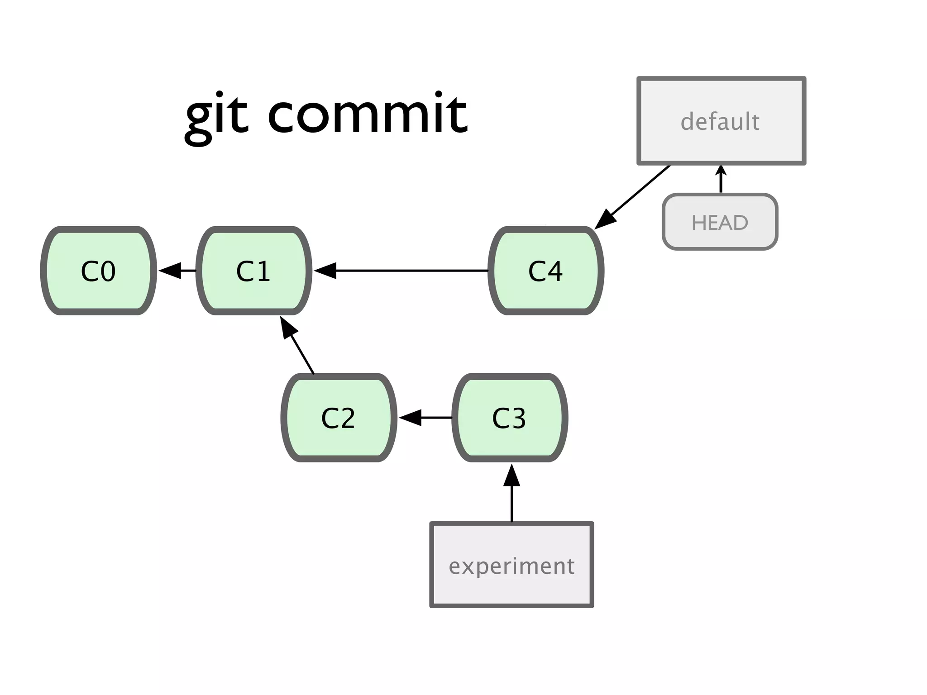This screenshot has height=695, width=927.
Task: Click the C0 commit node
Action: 98,271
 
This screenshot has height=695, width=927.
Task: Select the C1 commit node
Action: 254,271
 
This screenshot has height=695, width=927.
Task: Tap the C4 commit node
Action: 546,271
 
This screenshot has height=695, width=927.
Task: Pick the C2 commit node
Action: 339,418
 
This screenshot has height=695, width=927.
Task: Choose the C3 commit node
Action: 510,418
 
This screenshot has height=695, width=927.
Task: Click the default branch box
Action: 721,121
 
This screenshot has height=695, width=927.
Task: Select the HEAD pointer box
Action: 720,222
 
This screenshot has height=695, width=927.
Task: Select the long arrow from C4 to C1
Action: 407,271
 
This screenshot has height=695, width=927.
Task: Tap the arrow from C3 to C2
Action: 425,418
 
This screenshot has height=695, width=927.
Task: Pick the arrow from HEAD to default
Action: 721,180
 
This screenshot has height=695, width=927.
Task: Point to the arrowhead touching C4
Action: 606,219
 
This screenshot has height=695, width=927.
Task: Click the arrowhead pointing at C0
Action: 170,271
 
